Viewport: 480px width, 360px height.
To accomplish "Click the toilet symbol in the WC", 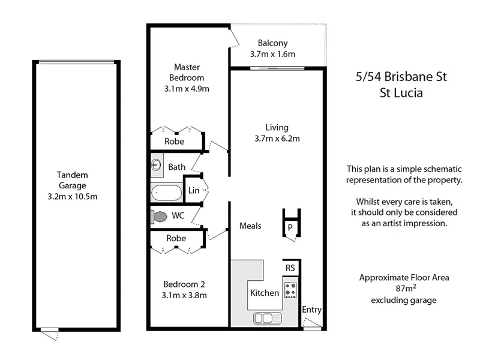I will point(160,216).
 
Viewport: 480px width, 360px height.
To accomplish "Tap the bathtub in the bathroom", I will point(166,193).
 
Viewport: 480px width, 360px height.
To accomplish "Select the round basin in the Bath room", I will point(157,164).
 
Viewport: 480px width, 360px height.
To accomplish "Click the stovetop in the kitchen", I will point(290,290).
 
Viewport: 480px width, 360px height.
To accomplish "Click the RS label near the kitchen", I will point(290,268).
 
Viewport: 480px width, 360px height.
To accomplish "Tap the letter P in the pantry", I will point(289,227).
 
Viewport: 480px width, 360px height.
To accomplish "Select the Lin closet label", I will point(193,190).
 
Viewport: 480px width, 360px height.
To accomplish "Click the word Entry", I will point(312,310).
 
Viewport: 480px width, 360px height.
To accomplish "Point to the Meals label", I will point(250,226).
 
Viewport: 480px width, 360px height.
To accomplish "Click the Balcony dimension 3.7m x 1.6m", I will point(273,54).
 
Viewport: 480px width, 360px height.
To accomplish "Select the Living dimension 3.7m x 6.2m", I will point(277,139).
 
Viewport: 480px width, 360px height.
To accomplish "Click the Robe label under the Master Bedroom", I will point(174,142).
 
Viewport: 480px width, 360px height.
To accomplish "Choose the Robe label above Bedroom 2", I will point(176,238).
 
